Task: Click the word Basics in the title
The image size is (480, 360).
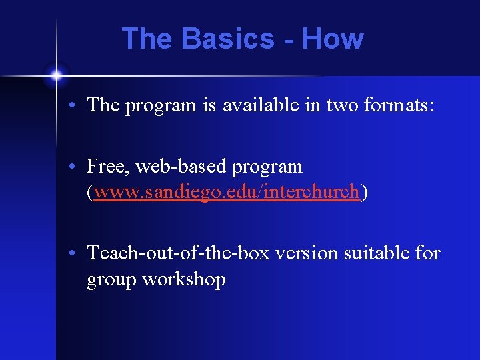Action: [227, 39]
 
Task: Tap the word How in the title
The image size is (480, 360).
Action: [332, 39]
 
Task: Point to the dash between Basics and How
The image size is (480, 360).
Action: [288, 40]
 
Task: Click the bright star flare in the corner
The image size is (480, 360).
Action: [57, 75]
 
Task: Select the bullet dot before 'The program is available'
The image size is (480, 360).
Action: [77, 105]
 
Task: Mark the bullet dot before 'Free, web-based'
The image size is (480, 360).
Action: [77, 167]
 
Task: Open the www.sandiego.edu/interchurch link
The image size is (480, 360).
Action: [227, 193]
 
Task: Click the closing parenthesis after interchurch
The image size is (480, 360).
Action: [364, 193]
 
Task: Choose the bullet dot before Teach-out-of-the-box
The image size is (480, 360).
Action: [77, 254]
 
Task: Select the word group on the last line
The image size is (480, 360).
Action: [111, 280]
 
